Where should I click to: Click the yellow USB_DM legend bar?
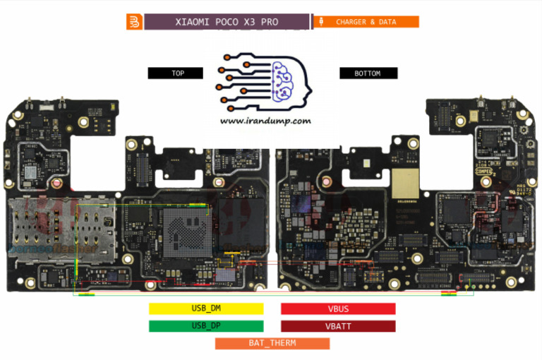[206, 308]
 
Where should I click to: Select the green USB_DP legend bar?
[206, 326]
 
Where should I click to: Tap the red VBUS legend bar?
[338, 308]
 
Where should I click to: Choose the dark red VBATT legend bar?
[338, 326]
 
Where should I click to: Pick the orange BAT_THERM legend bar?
[272, 343]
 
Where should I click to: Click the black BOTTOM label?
[368, 73]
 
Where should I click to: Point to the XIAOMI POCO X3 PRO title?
[227, 22]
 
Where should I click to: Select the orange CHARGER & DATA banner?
[366, 22]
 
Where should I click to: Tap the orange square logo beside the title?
[134, 22]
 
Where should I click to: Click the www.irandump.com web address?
[265, 121]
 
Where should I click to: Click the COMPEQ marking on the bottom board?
[483, 169]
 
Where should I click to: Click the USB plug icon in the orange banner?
[322, 22]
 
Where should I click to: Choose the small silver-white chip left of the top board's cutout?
[31, 173]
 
